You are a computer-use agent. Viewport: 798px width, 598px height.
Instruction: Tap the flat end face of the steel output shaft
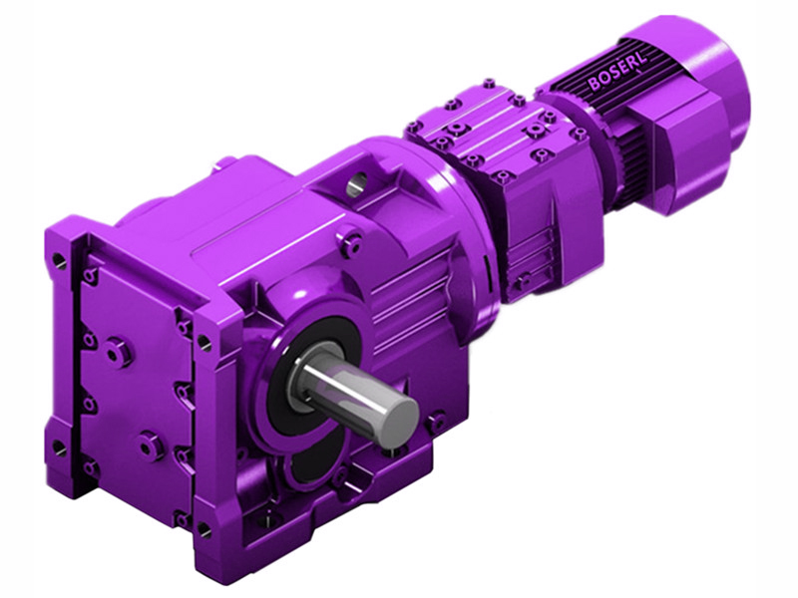point(400,414)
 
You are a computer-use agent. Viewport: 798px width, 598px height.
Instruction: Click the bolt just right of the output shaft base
point(435,423)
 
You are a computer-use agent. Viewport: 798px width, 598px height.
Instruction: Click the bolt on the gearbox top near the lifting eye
point(350,238)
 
